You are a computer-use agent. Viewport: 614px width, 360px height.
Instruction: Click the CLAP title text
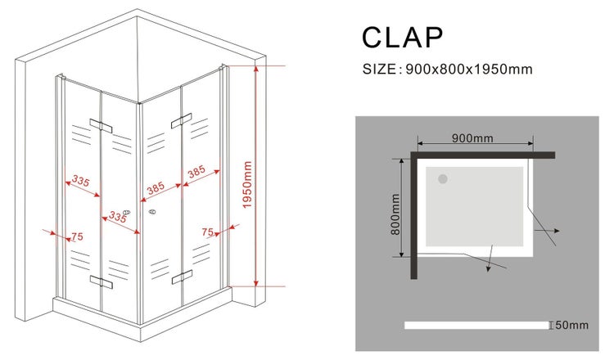402,38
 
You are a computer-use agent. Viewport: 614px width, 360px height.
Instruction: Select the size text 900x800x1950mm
469,70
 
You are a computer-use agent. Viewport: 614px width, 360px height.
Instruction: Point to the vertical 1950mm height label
247,185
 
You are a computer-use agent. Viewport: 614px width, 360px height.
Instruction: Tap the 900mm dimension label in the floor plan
472,138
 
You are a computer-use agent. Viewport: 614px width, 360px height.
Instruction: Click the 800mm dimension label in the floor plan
395,214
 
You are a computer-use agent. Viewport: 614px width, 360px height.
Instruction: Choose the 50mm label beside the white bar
571,325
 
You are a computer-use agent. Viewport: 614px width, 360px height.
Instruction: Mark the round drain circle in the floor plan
443,179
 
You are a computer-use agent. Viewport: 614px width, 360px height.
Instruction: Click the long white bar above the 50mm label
476,325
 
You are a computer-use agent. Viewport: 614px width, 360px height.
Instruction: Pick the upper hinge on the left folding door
101,126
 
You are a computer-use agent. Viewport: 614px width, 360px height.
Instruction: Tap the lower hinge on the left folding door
101,281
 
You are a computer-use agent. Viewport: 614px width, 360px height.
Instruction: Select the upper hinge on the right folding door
182,121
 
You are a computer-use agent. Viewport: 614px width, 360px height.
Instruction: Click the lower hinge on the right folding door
182,277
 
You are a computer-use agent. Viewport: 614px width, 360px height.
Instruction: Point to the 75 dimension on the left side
77,236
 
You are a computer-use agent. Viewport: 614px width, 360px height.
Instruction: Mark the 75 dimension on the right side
208,232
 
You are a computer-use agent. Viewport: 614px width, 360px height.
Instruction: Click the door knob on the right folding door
152,212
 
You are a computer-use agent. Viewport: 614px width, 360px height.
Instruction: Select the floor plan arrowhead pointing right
557,231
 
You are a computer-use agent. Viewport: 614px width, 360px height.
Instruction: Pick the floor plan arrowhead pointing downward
488,268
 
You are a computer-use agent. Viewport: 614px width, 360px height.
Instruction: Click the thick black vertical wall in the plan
414,215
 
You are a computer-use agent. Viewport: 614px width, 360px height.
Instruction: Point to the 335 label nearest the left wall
81,181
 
